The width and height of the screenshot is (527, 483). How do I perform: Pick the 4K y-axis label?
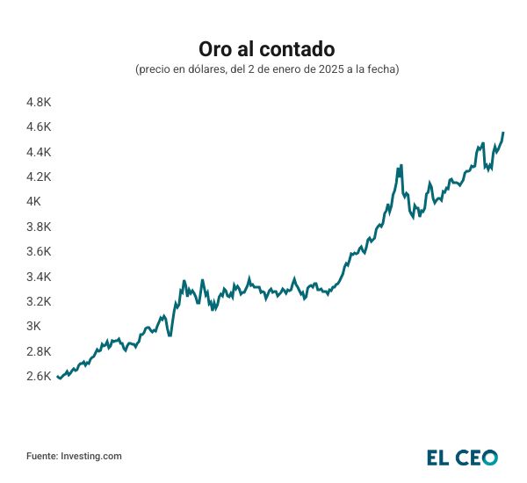tap(34, 201)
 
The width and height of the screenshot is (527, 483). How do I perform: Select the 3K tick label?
tap(34, 326)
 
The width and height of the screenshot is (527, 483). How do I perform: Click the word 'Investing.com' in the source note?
tap(91, 456)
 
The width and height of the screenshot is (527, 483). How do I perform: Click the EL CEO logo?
tap(462, 457)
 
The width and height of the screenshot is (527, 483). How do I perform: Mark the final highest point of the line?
tap(503, 133)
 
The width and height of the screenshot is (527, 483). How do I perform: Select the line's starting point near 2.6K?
tap(57, 376)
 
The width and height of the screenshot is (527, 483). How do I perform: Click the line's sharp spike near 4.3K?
tap(401, 165)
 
